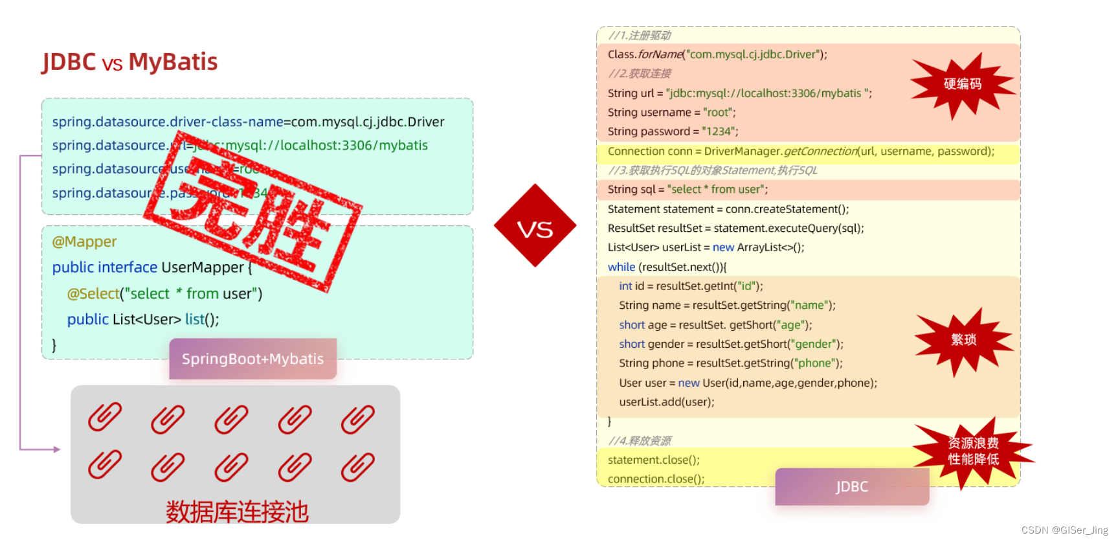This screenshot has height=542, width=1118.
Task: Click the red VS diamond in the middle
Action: coord(535,226)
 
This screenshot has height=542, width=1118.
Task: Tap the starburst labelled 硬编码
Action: coord(962,85)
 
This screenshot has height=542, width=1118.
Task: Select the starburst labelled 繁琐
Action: coord(963,340)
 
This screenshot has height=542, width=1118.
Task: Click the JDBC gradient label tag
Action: coord(851,487)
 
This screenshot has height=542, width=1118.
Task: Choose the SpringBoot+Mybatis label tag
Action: coord(252,359)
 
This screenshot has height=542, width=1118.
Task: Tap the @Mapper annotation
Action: coord(84,242)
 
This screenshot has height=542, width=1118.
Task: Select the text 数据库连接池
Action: coord(237,512)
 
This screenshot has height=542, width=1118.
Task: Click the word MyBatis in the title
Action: coord(173,62)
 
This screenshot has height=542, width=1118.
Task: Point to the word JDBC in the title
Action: coord(69,62)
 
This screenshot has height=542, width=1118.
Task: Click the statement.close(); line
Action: coord(653,460)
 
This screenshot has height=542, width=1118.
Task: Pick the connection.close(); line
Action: coord(656,479)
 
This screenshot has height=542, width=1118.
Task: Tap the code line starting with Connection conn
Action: coord(800,152)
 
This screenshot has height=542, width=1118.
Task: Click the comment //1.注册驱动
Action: coord(639,36)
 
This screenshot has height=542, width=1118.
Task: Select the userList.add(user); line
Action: coord(666,402)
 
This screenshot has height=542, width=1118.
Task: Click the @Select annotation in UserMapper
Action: coord(93,294)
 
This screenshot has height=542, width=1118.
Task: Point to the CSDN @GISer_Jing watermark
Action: coord(1064,530)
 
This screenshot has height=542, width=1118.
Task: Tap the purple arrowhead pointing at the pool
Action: coord(57,449)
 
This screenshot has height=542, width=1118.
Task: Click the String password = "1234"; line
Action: coord(673,131)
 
